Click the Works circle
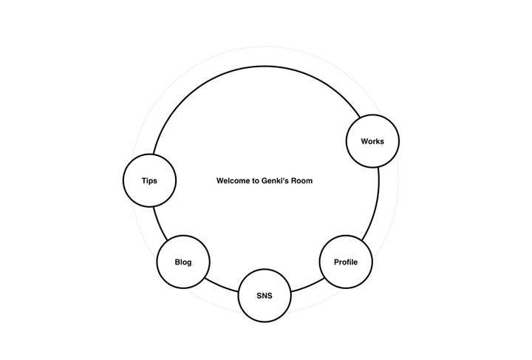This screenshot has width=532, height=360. click(372, 141)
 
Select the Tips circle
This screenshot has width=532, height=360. click(149, 180)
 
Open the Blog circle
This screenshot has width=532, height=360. click(183, 262)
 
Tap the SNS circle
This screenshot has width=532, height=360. click(265, 296)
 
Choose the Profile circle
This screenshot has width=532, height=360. click(346, 262)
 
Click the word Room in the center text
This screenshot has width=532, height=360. click(302, 180)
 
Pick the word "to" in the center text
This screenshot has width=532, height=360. click(256, 180)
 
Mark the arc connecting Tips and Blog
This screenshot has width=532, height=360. click(160, 223)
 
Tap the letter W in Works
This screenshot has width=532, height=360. click(364, 141)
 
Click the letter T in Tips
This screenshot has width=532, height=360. click(144, 180)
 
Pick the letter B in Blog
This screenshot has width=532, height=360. click(177, 262)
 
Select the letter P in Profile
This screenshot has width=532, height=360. click(337, 262)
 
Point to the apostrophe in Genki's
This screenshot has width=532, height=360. click(287, 178)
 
